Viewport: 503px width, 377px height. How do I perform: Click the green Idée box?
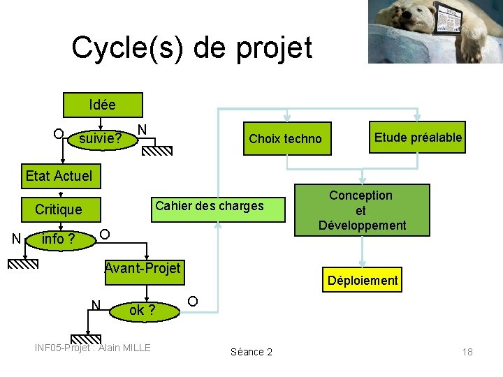103,105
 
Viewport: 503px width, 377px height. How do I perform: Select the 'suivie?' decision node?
101,139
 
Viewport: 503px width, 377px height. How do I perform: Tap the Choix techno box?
285,139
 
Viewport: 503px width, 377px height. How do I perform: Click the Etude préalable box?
418,138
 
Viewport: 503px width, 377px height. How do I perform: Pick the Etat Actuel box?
59,176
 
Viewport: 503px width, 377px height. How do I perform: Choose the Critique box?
59,209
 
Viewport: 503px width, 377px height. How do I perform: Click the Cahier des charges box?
210,206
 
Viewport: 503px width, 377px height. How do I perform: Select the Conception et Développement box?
360,210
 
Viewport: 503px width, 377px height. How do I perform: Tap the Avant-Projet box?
143,269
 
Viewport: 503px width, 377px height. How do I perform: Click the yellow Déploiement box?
361,281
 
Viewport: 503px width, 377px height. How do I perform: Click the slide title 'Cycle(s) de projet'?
191,47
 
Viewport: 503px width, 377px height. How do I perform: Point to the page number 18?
467,352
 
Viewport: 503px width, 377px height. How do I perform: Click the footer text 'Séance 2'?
251,352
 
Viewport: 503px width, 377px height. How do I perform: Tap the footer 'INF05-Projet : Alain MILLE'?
93,348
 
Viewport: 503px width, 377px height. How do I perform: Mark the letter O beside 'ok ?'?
192,301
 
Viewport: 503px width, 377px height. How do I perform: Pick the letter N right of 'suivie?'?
142,129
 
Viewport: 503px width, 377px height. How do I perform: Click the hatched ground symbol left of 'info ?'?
23,263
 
